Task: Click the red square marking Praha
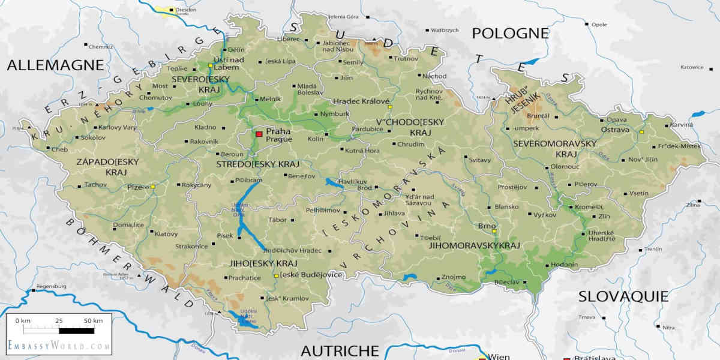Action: click(x=259, y=134)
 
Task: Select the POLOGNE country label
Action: click(x=510, y=34)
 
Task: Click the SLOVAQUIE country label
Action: click(x=623, y=296)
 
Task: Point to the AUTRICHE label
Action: click(x=340, y=350)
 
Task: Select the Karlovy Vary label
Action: click(x=118, y=127)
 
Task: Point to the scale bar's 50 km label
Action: click(x=93, y=321)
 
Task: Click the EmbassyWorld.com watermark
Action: click(x=59, y=346)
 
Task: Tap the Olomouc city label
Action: click(x=564, y=166)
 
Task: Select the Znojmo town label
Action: click(x=453, y=277)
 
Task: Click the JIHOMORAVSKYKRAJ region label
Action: click(x=474, y=245)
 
